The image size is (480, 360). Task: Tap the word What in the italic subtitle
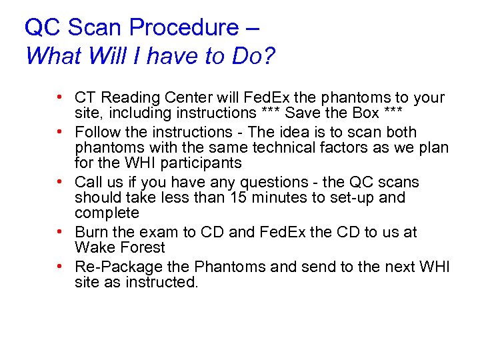51,56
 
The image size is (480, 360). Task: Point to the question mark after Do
269,56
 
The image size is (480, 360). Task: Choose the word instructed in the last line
167,283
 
